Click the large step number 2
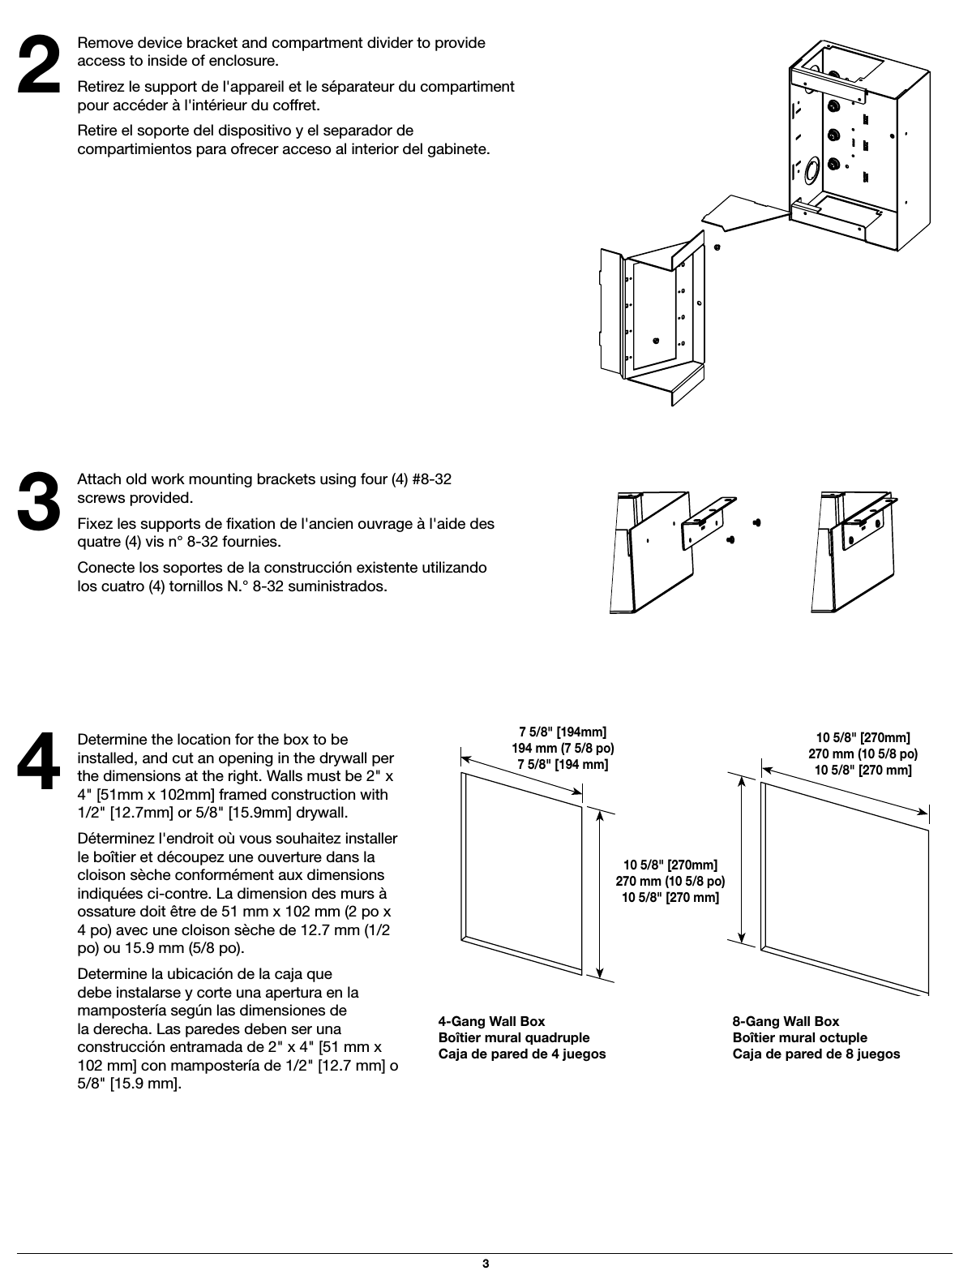39,66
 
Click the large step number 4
39,762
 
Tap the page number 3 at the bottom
485,1264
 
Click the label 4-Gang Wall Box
491,1021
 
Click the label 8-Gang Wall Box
786,1021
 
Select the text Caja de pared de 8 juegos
816,1054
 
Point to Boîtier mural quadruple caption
514,1037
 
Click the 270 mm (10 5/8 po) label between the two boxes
670,881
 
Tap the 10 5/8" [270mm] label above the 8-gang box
863,737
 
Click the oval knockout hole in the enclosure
809,171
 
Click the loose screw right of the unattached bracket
756,522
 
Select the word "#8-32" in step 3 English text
431,479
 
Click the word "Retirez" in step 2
101,86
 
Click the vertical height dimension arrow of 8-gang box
742,858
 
